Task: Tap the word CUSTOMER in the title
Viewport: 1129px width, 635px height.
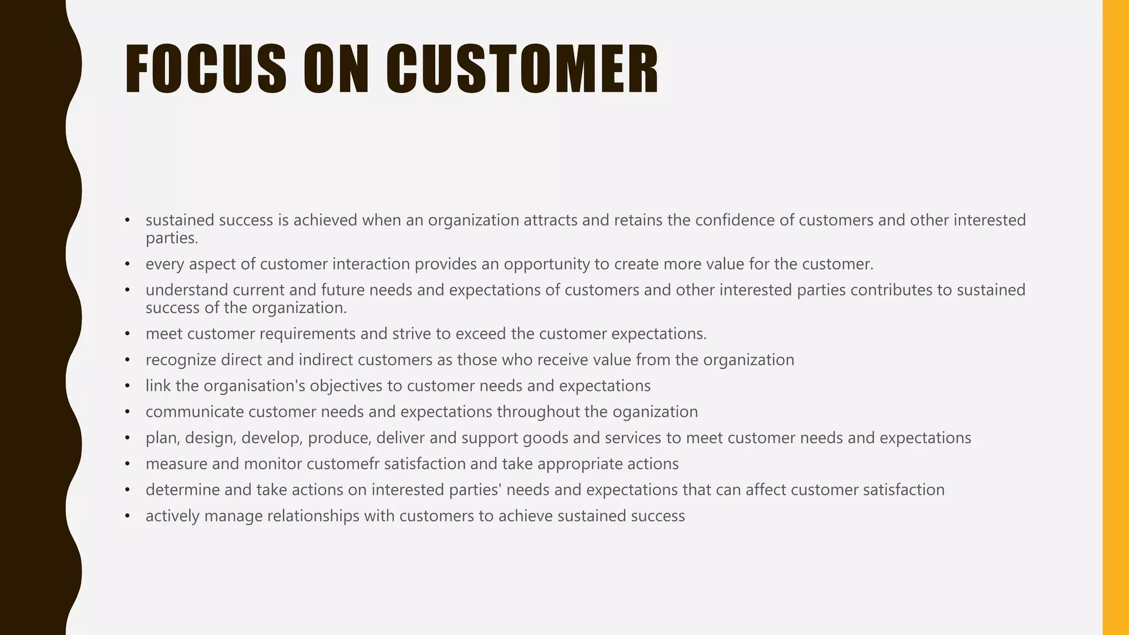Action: pos(522,69)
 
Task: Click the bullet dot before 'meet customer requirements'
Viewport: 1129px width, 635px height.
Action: pos(127,334)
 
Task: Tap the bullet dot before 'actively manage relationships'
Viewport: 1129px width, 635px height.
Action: pos(127,516)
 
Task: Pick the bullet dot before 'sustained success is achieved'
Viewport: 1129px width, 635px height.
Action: pos(127,220)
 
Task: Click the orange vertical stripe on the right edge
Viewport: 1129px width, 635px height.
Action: pos(1115,317)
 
